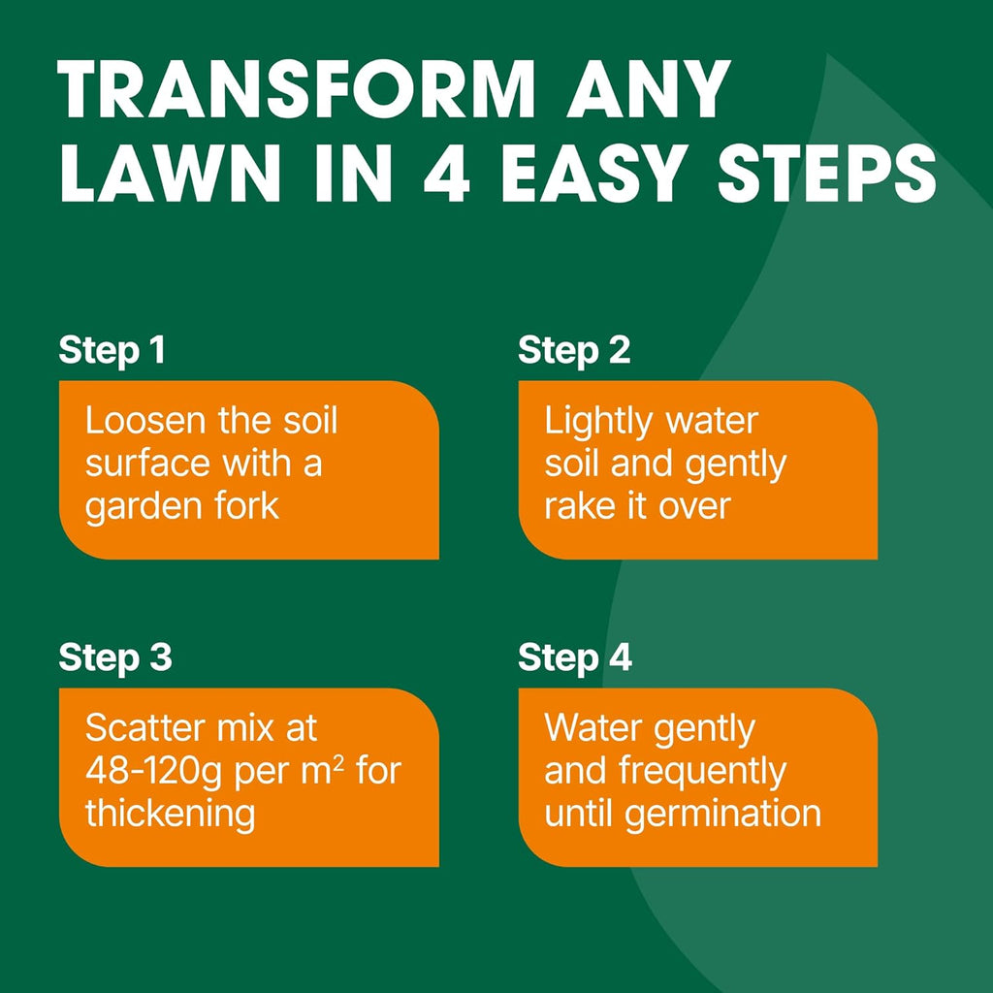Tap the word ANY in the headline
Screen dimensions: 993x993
point(649,89)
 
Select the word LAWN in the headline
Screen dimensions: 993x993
point(171,173)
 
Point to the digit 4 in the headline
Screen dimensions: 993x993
point(446,173)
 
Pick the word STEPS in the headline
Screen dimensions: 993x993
point(826,173)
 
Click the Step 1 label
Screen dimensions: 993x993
point(112,351)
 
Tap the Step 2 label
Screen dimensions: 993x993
point(574,351)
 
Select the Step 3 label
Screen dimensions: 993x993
point(115,658)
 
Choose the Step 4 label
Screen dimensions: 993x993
point(575,658)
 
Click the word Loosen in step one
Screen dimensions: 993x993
point(145,421)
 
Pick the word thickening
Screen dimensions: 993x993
point(171,815)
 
